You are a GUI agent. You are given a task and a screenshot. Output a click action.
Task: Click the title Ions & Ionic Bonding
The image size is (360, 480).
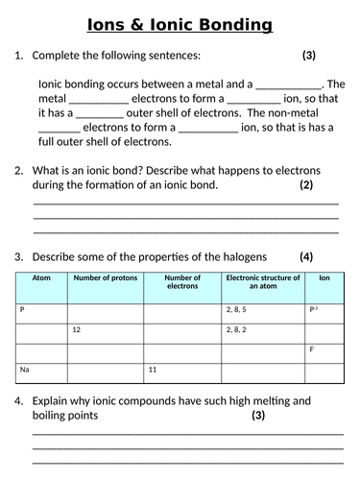click(180, 24)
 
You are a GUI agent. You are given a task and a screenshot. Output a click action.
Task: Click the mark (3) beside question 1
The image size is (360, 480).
click(308, 56)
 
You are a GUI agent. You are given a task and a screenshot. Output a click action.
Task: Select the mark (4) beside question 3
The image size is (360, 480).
click(306, 256)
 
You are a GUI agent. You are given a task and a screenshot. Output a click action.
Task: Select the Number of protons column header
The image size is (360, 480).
click(105, 277)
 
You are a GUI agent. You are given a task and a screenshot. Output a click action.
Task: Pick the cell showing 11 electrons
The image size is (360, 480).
click(153, 369)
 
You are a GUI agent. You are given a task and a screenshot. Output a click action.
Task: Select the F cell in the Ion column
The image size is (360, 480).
click(312, 349)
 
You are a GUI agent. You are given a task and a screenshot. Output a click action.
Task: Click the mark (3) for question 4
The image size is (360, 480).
click(258, 416)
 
